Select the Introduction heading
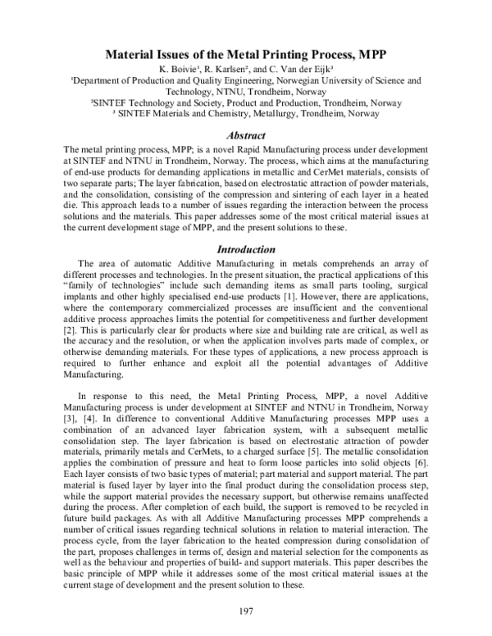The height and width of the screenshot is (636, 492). (244, 248)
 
